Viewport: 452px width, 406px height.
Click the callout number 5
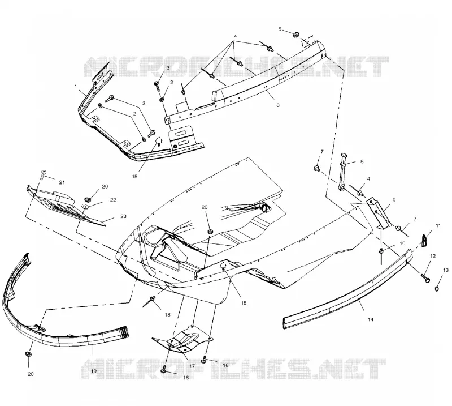tap(280, 29)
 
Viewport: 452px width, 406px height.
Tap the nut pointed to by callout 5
tap(295, 35)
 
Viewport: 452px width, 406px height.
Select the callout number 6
tap(278, 105)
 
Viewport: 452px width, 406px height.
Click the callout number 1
tap(76, 86)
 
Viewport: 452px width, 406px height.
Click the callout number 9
tap(394, 200)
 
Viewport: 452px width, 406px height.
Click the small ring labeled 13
tap(437, 289)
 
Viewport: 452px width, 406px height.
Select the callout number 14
tap(371, 319)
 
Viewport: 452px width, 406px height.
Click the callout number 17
tap(192, 366)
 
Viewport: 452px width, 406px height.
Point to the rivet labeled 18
tap(150, 301)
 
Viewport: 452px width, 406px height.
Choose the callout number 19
tap(93, 371)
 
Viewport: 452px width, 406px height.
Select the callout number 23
tap(123, 216)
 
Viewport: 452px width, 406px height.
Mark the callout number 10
tap(402, 243)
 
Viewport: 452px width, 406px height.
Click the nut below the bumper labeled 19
tap(28, 354)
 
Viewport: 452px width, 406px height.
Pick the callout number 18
tap(167, 315)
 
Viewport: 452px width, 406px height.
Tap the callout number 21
tap(62, 182)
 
